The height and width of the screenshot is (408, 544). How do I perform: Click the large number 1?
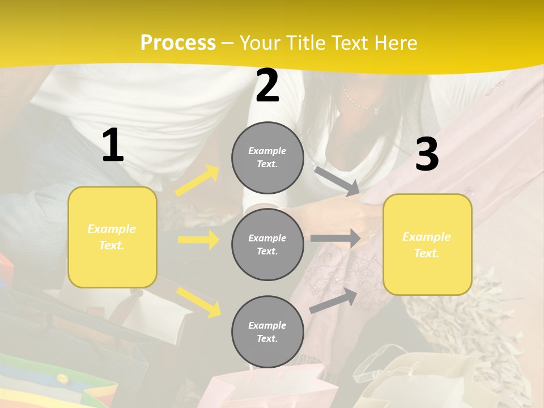coord(113,146)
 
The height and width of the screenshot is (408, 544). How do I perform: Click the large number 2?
coord(267,86)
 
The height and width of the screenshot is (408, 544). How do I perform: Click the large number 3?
coord(427,155)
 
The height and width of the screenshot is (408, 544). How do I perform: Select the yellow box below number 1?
coord(112,237)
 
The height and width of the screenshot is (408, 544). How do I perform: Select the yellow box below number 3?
coord(427,245)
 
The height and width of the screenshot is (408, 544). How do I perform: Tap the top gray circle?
coord(267,158)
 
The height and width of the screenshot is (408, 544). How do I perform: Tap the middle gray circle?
coord(267,244)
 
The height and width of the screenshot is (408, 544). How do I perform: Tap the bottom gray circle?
coord(267,331)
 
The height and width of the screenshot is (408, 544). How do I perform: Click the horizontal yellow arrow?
coord(198,240)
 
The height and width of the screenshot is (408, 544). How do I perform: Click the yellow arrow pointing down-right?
coord(199,301)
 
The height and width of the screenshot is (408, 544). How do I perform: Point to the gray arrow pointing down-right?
coord(337,181)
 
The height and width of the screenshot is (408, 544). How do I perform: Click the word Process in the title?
coord(178,42)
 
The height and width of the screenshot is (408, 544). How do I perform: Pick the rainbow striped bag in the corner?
coord(45,382)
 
